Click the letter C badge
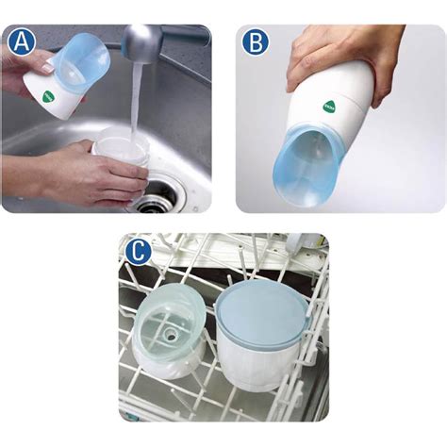(x=138, y=252)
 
